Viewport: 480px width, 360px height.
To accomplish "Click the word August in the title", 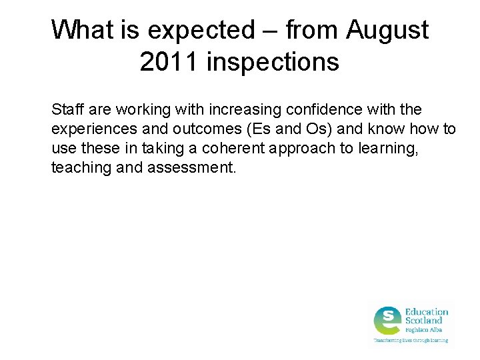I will [387, 30].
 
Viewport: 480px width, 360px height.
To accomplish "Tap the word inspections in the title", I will [273, 62].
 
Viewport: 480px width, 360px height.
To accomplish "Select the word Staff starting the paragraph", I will [66, 109].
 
